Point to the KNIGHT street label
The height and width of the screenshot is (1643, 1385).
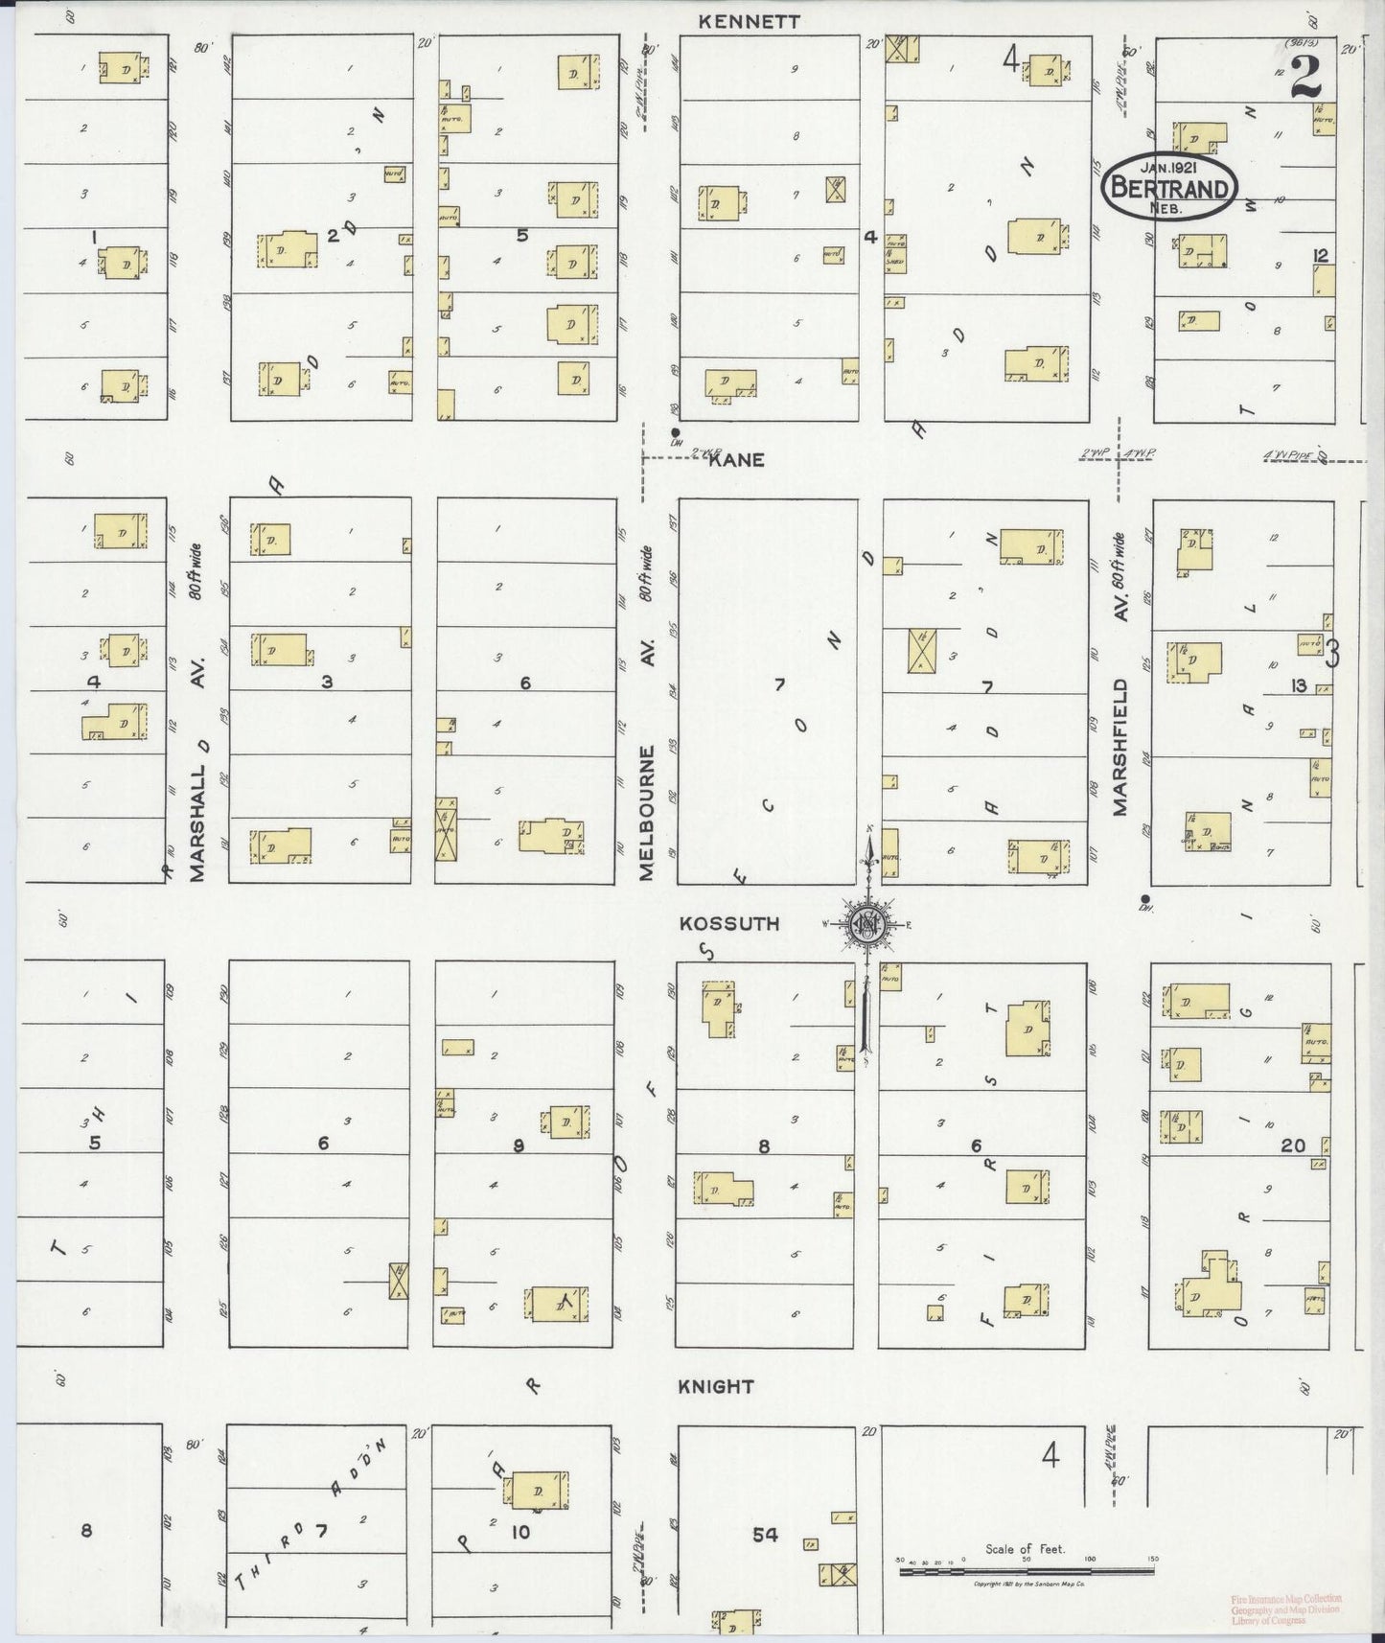tap(716, 1386)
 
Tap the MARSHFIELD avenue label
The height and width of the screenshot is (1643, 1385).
tap(1120, 748)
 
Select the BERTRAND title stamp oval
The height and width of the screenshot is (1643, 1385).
tap(1168, 187)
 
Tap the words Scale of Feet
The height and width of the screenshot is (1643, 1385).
tap(1025, 1548)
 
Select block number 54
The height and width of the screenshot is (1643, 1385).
tap(765, 1536)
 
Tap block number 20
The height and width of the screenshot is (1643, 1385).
tap(1293, 1145)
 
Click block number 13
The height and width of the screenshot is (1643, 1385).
tap(1299, 684)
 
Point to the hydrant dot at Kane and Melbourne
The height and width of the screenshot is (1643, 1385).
tap(676, 431)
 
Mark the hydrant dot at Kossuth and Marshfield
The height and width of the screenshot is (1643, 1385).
tap(1145, 898)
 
